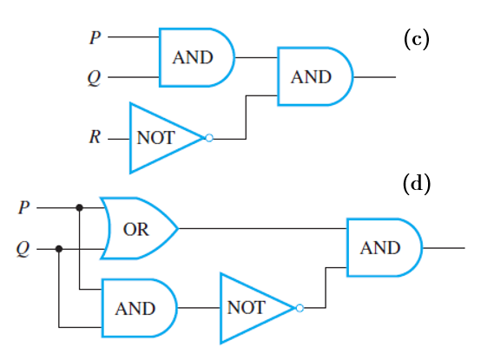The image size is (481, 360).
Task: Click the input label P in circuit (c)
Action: click(96, 37)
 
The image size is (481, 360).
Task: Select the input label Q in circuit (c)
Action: click(94, 78)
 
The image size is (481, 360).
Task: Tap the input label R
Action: click(95, 137)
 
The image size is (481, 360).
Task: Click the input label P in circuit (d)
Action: click(24, 207)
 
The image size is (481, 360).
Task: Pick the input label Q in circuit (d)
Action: click(23, 249)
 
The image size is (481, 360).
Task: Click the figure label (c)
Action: click(416, 39)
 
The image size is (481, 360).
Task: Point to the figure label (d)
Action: click(417, 183)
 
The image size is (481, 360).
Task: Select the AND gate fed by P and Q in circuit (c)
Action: click(196, 57)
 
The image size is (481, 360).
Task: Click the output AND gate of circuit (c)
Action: click(315, 76)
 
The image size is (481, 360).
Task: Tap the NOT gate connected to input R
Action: click(168, 138)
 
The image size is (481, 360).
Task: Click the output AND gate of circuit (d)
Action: click(385, 247)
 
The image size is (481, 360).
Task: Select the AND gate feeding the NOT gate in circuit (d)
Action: click(140, 308)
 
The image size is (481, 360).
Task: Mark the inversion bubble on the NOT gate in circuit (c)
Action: click(209, 138)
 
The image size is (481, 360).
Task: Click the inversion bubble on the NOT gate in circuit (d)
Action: click(300, 308)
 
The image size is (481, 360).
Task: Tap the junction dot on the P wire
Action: click(80, 207)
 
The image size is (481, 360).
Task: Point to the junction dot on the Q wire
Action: click(59, 249)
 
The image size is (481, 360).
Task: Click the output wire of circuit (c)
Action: click(374, 77)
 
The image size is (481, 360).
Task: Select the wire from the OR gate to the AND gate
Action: click(262, 228)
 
